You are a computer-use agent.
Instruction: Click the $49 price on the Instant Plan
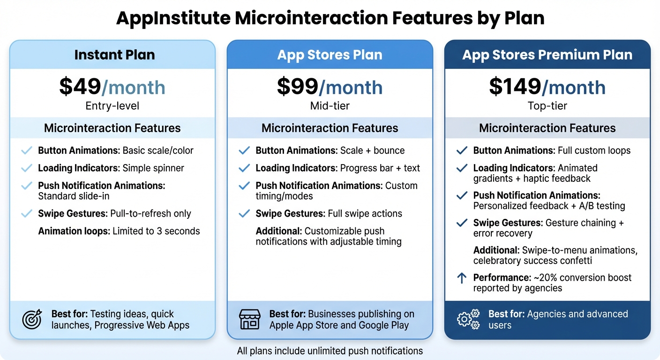(x=80, y=87)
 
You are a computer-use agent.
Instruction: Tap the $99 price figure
(x=298, y=87)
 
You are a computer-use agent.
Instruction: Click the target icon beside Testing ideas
(x=32, y=319)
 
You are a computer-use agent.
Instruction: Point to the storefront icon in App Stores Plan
(x=249, y=319)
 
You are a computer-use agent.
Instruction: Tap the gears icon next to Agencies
(x=468, y=319)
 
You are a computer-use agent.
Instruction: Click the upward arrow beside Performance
(x=462, y=278)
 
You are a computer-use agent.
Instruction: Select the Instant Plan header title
(x=114, y=55)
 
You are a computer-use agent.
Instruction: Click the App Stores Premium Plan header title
(x=547, y=55)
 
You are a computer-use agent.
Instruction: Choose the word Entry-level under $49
(x=112, y=106)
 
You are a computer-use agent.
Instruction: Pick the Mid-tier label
(x=330, y=106)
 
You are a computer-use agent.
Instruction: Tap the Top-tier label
(x=547, y=106)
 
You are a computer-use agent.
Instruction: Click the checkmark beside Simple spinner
(x=27, y=168)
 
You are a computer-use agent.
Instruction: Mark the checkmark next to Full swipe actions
(x=244, y=214)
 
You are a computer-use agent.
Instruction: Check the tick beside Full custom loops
(x=462, y=150)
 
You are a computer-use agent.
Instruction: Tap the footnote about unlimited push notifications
(x=330, y=351)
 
